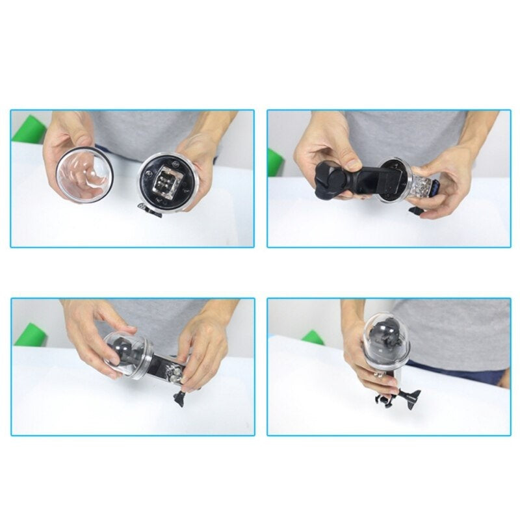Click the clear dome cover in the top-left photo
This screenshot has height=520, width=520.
(85, 175)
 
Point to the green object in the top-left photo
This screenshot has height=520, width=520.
(30, 129)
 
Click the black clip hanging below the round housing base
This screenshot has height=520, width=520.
(151, 210)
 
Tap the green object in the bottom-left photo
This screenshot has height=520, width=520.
(30, 335)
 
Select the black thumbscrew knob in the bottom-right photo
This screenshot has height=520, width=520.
(412, 395)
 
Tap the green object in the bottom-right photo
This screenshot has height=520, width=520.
(313, 337)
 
